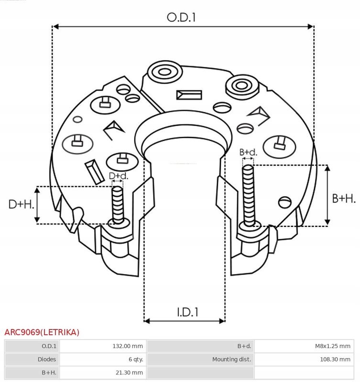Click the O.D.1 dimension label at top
182,17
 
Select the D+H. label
22,205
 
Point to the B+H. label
343,198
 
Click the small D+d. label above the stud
118,176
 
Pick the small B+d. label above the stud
248,152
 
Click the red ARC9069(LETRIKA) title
42,332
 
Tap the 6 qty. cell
134,359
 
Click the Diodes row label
46,359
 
